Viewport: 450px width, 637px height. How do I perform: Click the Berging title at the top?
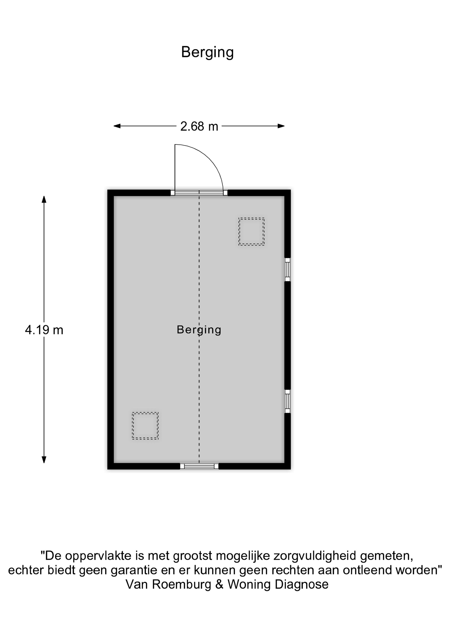207,52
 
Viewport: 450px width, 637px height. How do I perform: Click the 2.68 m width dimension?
199,127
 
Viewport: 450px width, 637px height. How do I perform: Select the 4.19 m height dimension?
44,330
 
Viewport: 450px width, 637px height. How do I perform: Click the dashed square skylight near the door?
251,231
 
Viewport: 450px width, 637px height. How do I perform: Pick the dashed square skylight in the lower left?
145,426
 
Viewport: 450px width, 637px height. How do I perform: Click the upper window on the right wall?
288,269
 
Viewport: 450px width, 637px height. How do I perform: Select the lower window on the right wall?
288,401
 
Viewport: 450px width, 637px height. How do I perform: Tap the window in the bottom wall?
199,466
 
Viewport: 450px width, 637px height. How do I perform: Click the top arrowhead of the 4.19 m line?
44,199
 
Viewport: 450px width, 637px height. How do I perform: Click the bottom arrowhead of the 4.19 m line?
44,460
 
